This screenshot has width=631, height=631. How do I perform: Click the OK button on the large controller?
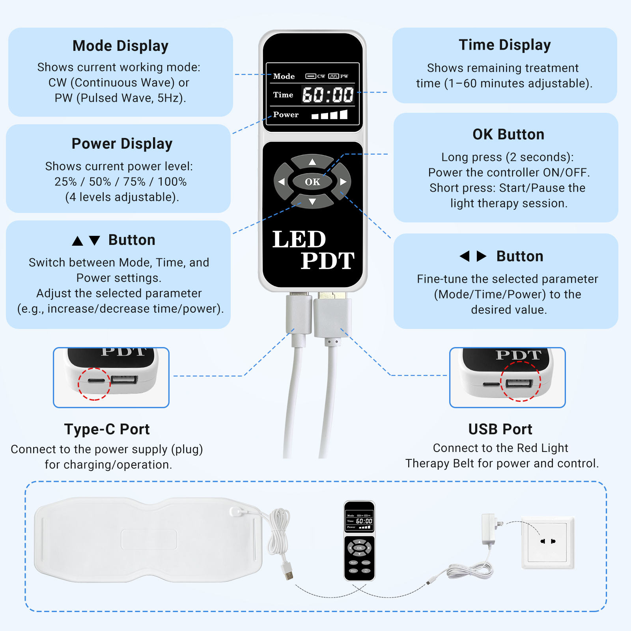click(312, 182)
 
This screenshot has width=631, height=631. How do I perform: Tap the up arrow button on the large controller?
click(312, 162)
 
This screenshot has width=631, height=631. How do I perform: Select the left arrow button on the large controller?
click(282, 182)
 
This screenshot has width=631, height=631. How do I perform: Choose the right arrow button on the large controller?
click(343, 182)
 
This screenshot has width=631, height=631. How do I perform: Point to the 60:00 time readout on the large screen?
click(328, 95)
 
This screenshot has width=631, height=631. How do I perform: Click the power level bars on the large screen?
click(329, 115)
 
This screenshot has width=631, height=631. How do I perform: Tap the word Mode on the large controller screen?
click(284, 77)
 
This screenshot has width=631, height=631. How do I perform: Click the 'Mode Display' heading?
click(120, 46)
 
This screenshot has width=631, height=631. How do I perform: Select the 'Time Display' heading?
click(505, 45)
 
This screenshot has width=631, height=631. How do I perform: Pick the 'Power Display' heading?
click(122, 144)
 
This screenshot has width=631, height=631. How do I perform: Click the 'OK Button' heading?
click(508, 134)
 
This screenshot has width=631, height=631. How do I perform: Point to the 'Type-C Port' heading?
click(107, 429)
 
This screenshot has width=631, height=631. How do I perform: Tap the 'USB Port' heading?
click(500, 429)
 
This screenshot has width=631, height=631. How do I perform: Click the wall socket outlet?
click(547, 542)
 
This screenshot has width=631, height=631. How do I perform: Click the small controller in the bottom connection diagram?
click(359, 540)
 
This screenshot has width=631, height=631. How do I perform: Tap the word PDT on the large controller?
click(327, 261)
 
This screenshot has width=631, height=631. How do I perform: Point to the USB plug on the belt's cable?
click(289, 572)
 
